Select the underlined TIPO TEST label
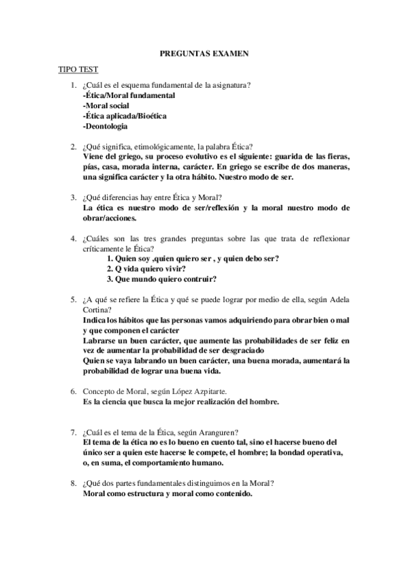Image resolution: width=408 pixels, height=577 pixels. tap(79, 69)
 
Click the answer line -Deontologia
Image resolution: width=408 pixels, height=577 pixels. tap(105, 126)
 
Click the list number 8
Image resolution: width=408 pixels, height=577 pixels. tap(73, 483)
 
